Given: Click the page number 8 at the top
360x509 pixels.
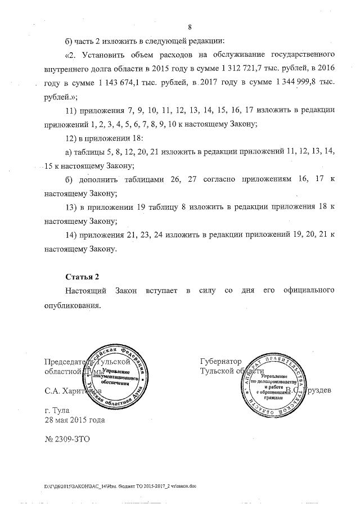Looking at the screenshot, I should click(x=190, y=27).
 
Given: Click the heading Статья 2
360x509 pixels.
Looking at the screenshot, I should click(x=82, y=277).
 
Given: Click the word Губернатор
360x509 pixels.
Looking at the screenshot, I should click(x=220, y=361).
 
